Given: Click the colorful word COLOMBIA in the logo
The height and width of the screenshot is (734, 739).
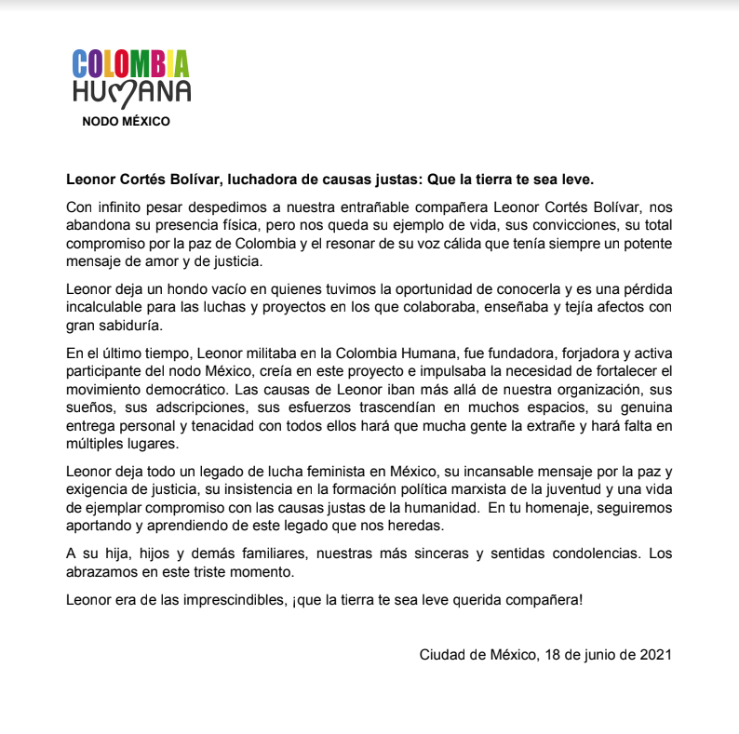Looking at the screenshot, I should point(131,63).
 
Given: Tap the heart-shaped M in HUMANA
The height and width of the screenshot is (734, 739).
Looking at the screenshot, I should point(130,92).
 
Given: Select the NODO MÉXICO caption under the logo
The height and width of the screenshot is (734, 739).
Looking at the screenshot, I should point(126,121).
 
